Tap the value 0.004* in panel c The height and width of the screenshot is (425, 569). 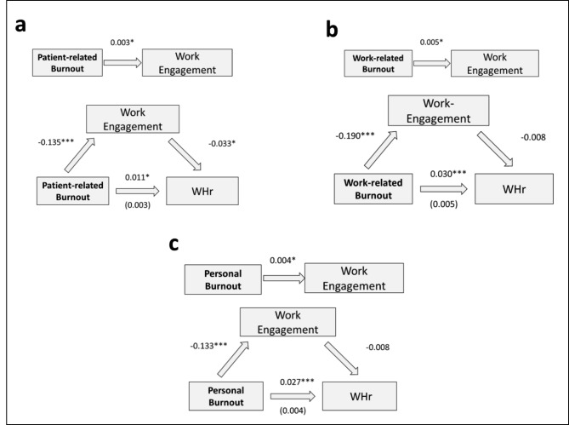click(282, 261)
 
